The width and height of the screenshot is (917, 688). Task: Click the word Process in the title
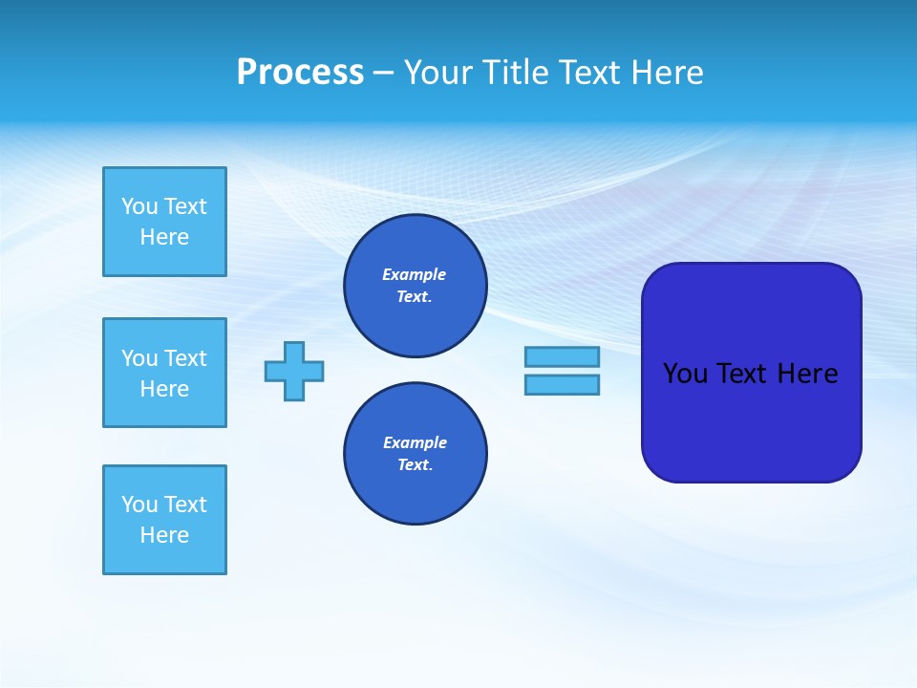click(300, 73)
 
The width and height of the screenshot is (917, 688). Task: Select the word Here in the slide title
click(666, 73)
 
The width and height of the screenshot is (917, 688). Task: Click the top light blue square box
click(164, 222)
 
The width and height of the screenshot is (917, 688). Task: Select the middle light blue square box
click(164, 373)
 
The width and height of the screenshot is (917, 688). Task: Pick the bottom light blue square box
click(164, 520)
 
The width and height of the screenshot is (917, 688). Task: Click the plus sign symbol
click(294, 371)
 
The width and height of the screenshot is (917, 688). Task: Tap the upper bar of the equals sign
click(562, 356)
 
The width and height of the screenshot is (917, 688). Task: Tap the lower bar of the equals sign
click(562, 384)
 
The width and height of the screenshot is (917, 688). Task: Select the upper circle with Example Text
click(416, 286)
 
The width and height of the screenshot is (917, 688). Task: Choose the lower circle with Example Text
click(416, 454)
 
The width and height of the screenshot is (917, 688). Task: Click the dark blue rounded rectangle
click(751, 420)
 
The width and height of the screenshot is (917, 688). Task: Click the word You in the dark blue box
click(685, 374)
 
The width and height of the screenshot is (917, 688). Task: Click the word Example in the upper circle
click(415, 274)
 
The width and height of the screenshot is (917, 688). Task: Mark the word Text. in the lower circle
click(415, 465)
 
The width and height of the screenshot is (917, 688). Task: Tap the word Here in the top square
click(164, 237)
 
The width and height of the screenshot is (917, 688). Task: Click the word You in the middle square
click(139, 358)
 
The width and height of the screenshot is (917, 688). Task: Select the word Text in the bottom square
click(185, 505)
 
